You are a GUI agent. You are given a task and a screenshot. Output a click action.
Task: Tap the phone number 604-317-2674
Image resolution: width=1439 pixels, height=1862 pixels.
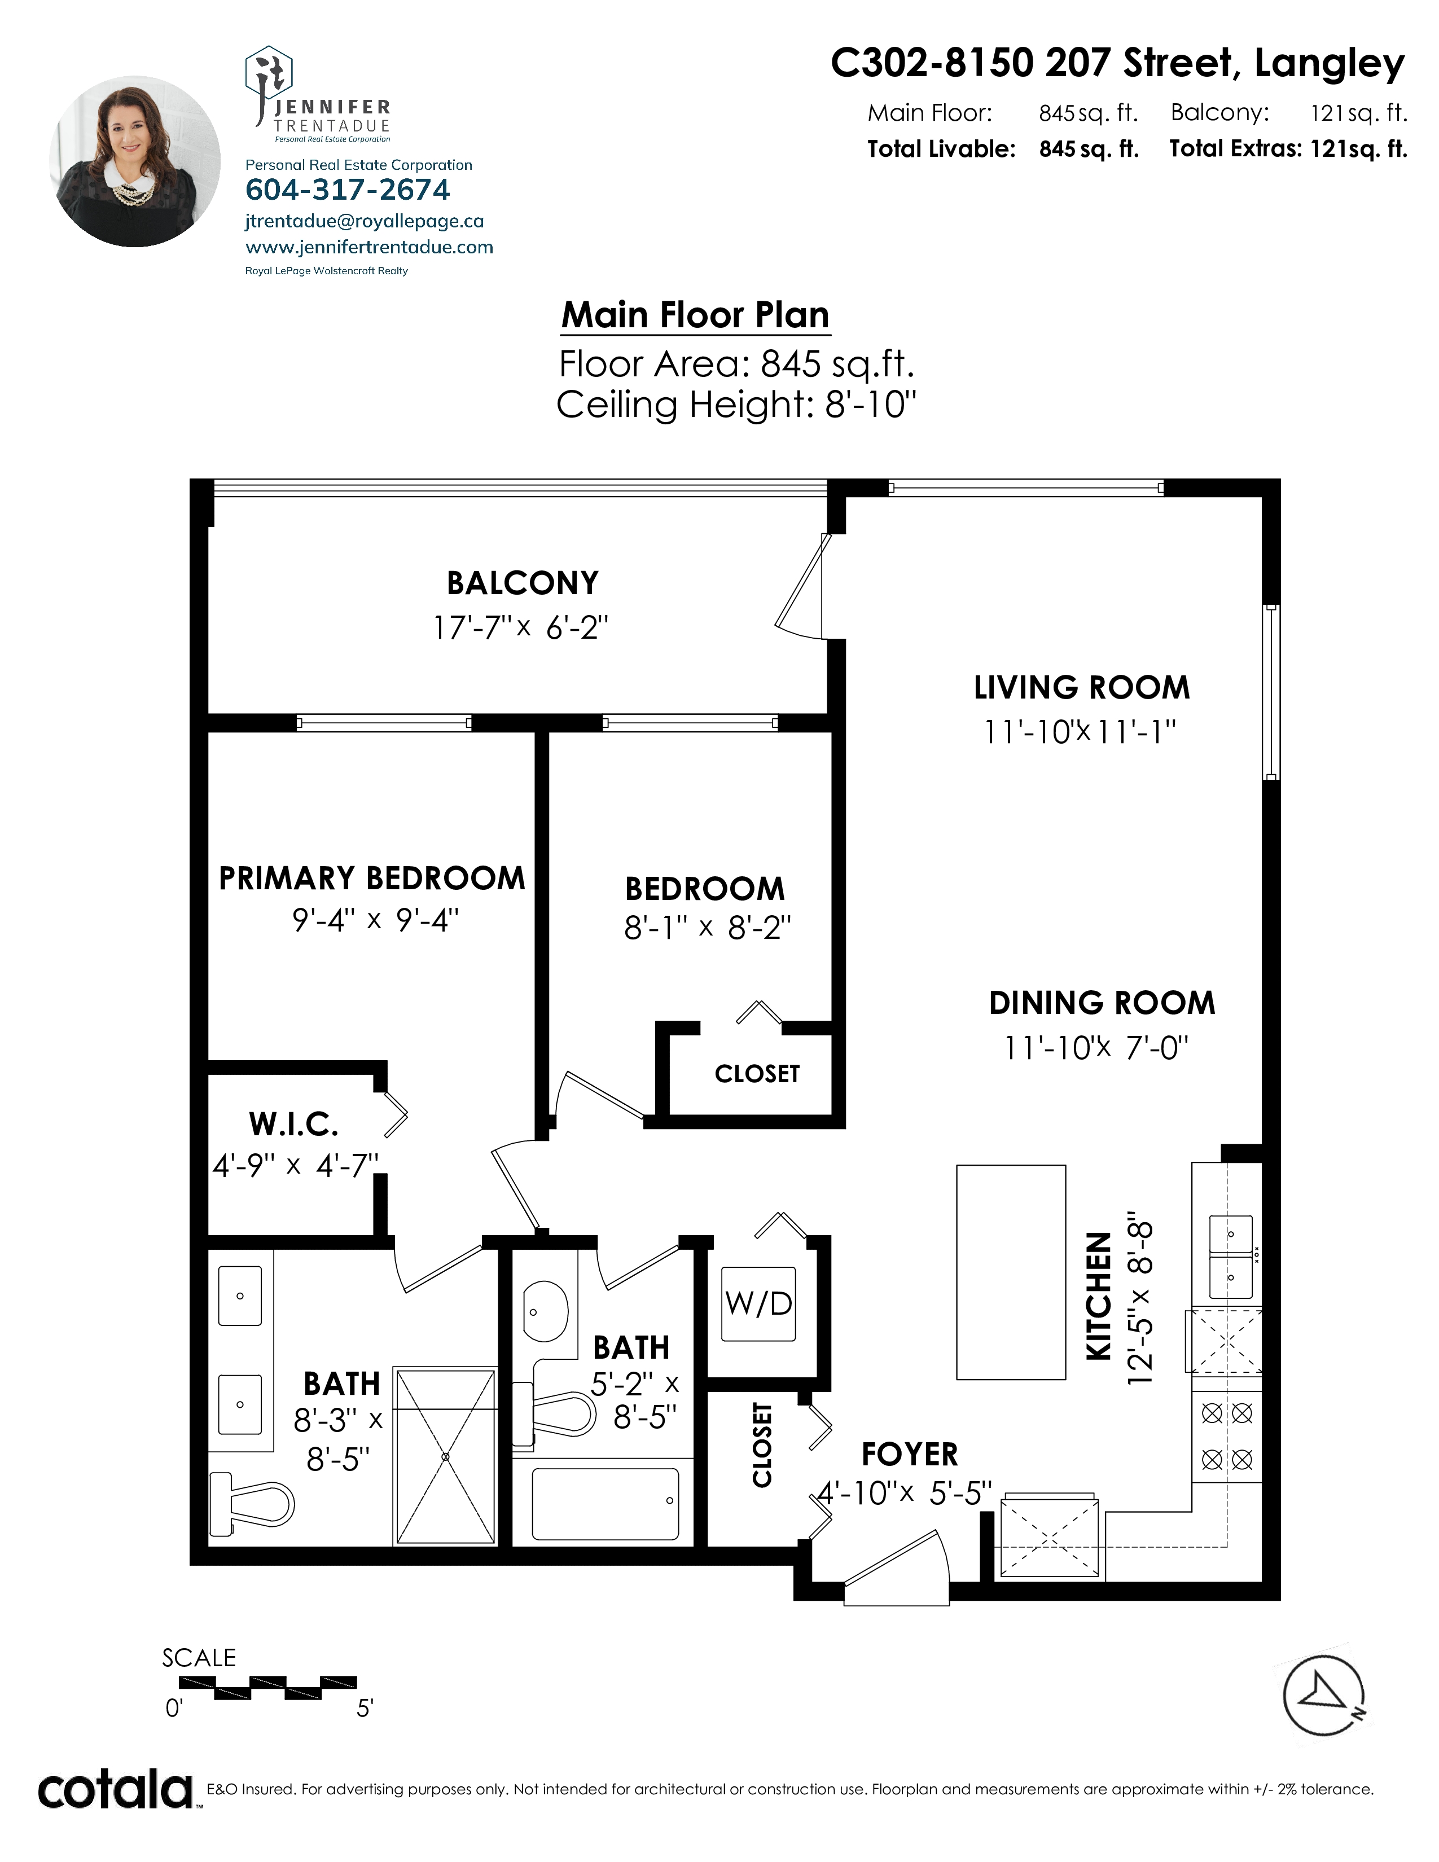point(348,189)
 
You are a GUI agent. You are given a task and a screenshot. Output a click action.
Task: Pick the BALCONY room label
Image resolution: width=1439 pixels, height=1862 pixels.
point(523,583)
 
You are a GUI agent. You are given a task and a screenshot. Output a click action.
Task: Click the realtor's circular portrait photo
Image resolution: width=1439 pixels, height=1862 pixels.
point(135,162)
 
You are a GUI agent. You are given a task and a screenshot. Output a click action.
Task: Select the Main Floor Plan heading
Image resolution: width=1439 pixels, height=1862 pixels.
point(695,315)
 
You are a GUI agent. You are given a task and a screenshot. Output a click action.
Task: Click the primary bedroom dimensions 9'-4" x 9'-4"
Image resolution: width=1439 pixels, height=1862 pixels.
point(375,920)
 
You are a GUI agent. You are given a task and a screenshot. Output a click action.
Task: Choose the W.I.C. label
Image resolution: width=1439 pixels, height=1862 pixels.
point(293,1125)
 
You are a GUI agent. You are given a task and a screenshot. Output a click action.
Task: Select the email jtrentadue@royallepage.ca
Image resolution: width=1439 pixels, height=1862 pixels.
point(364,221)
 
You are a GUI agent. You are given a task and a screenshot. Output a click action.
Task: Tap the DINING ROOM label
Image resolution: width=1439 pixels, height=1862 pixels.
point(1102,1003)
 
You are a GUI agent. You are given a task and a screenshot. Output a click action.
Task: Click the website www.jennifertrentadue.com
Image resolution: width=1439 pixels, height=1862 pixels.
point(369,247)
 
